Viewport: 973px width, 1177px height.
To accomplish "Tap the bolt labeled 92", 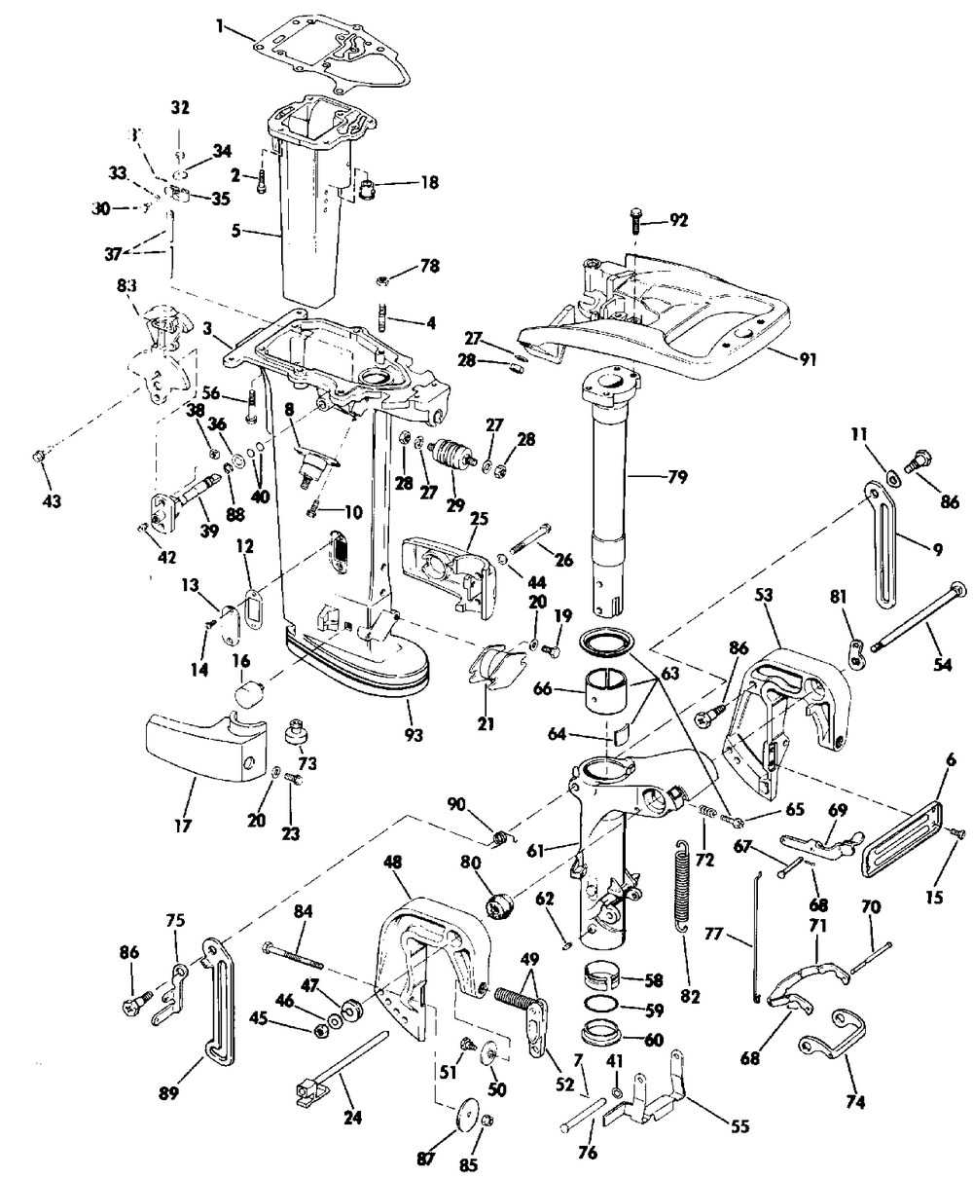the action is pyautogui.click(x=635, y=222).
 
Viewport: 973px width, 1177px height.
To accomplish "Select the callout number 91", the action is pyautogui.click(x=808, y=359).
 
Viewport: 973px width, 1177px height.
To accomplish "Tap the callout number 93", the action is pyautogui.click(x=413, y=735).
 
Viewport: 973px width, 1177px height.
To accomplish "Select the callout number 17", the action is pyautogui.click(x=183, y=826).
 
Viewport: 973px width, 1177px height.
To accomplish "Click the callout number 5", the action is pyautogui.click(x=236, y=231).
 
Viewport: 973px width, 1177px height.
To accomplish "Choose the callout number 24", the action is pyautogui.click(x=353, y=1117).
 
